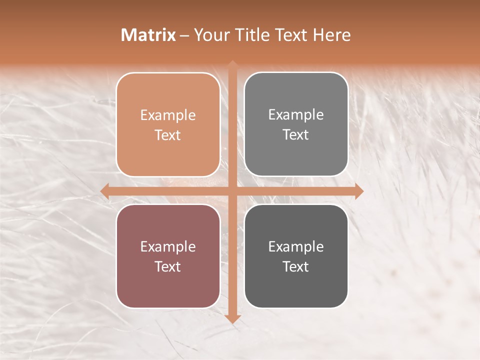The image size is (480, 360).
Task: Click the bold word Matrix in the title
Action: click(x=148, y=35)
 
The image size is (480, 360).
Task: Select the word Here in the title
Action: click(x=332, y=35)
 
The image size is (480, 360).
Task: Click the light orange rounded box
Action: click(x=168, y=124)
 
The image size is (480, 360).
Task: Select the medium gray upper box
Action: click(x=296, y=124)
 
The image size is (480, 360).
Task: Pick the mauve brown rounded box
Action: click(x=168, y=256)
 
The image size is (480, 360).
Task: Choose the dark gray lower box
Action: click(x=296, y=256)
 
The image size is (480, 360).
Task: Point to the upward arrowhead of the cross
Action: click(x=232, y=64)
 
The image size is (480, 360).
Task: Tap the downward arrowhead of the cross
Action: click(x=232, y=319)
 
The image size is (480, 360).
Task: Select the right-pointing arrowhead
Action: click(x=359, y=191)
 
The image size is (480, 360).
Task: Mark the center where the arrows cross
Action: click(x=232, y=191)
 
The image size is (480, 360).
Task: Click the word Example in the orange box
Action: click(x=168, y=115)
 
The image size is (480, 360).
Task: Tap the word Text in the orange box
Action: click(x=168, y=135)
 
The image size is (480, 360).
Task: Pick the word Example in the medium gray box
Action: click(x=296, y=115)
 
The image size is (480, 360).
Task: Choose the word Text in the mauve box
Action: click(x=168, y=266)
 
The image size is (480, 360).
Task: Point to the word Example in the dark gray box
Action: click(x=296, y=246)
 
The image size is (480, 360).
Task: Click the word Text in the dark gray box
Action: click(x=296, y=266)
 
